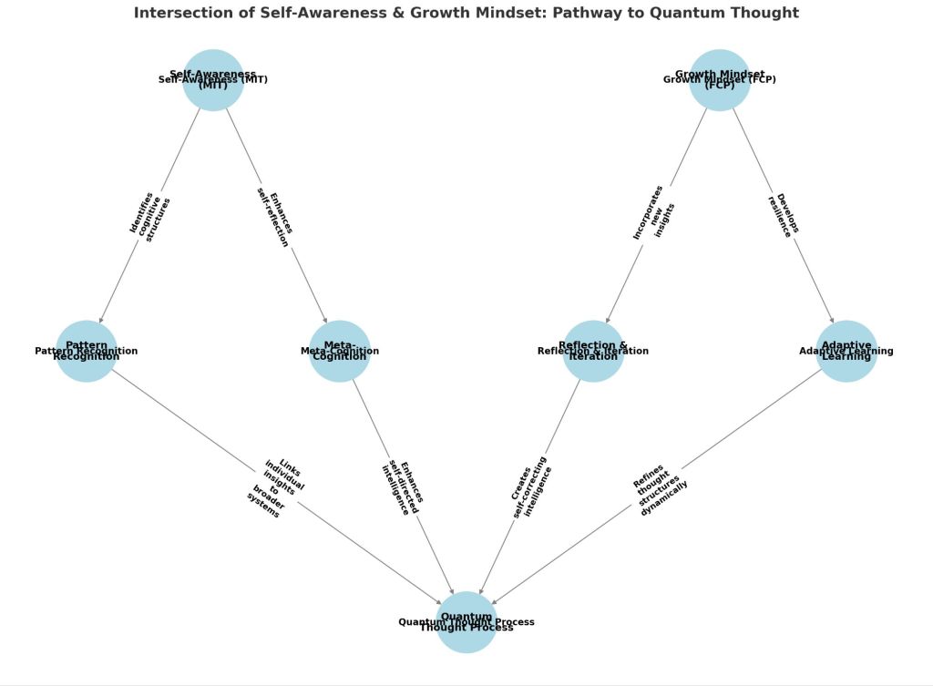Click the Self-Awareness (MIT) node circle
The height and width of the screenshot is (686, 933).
(213, 80)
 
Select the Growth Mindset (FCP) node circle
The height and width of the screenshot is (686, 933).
(719, 80)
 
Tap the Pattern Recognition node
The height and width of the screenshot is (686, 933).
(87, 351)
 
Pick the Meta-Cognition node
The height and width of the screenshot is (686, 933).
(340, 351)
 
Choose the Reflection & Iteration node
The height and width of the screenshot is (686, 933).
(593, 351)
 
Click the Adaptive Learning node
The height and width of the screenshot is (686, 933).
(846, 351)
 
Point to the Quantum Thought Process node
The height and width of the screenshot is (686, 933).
(466, 622)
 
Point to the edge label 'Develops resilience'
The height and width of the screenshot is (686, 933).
(784, 215)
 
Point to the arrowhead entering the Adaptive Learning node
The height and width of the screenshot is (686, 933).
(831, 318)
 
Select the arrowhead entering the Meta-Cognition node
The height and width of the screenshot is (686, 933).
(324, 318)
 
